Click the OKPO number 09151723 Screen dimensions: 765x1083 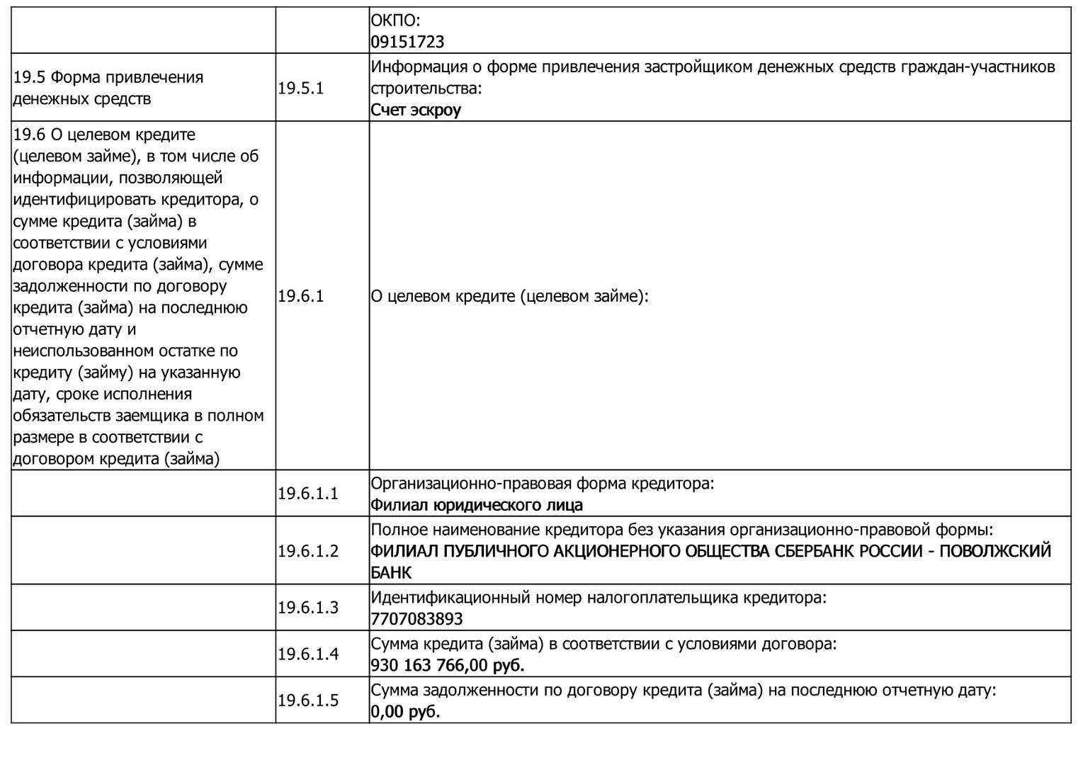pyautogui.click(x=407, y=42)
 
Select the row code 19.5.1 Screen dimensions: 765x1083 pyautogui.click(x=300, y=89)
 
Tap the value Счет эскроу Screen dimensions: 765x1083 pyautogui.click(x=416, y=110)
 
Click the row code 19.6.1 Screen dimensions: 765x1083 pyautogui.click(x=300, y=296)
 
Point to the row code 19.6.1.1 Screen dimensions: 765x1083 pyautogui.click(x=308, y=494)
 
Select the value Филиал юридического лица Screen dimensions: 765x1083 pyautogui.click(x=477, y=505)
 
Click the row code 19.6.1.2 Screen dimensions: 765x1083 pyautogui.click(x=308, y=551)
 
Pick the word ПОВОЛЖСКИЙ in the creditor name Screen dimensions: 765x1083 pyautogui.click(x=995, y=551)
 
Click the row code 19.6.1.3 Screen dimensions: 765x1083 pyautogui.click(x=308, y=608)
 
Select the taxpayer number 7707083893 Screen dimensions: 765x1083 pyautogui.click(x=416, y=619)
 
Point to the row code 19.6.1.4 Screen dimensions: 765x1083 pyautogui.click(x=308, y=654)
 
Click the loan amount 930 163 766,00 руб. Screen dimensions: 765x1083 pyautogui.click(x=448, y=666)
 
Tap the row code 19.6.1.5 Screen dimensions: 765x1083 pyautogui.click(x=308, y=701)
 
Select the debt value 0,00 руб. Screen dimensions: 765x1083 pyautogui.click(x=405, y=712)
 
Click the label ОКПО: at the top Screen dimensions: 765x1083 pyautogui.click(x=395, y=21)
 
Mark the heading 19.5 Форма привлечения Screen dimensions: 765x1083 pyautogui.click(x=108, y=77)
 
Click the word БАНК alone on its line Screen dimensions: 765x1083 pyautogui.click(x=391, y=572)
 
